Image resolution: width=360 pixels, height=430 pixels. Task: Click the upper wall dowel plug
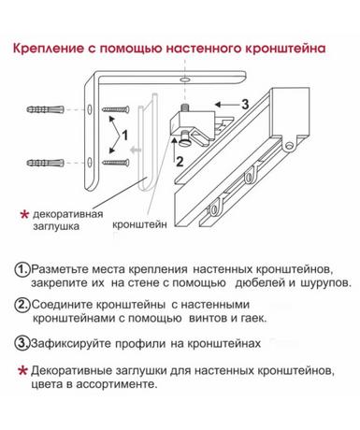pos(46,109)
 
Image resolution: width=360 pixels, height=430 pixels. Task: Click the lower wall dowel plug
pos(46,163)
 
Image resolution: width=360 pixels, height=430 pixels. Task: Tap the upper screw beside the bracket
pos(116,109)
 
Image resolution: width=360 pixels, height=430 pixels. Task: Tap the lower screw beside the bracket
pos(116,163)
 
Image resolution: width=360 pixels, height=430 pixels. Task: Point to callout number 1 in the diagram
pos(124,136)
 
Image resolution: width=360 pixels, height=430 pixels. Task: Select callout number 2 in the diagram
pos(180,162)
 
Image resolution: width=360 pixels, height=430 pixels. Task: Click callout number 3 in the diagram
pos(245,105)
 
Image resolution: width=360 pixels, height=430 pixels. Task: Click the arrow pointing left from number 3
pos(226,105)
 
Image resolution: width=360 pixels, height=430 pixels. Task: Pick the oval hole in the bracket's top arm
pos(185,80)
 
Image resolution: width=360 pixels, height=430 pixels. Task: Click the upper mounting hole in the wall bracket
pos(90,109)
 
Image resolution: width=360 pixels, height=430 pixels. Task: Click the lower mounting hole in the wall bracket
pos(90,162)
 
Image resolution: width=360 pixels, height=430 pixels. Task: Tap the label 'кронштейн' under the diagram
pos(139,224)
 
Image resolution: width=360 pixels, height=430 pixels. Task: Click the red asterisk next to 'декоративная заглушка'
pos(24,215)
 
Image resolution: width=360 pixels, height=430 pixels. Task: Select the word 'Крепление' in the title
pos(49,49)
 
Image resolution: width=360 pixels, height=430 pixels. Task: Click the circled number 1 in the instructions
pos(22,269)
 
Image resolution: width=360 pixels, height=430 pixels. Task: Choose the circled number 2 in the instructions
pos(22,305)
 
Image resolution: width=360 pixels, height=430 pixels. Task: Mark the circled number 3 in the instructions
pos(22,343)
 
